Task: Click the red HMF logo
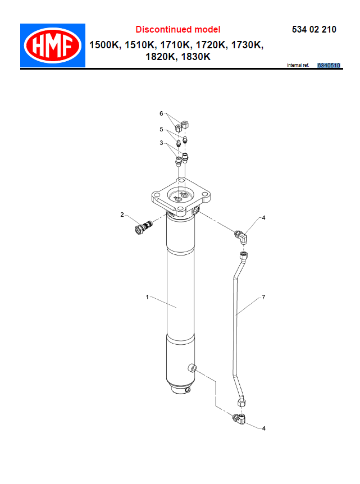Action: click(53, 45)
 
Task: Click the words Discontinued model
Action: click(178, 30)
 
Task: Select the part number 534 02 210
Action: click(314, 30)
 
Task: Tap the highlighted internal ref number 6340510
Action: click(329, 66)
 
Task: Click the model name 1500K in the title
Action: click(104, 45)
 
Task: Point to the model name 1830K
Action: click(196, 57)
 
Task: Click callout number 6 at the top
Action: click(161, 113)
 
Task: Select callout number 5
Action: click(161, 129)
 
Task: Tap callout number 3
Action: click(161, 143)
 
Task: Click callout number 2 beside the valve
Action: click(122, 214)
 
